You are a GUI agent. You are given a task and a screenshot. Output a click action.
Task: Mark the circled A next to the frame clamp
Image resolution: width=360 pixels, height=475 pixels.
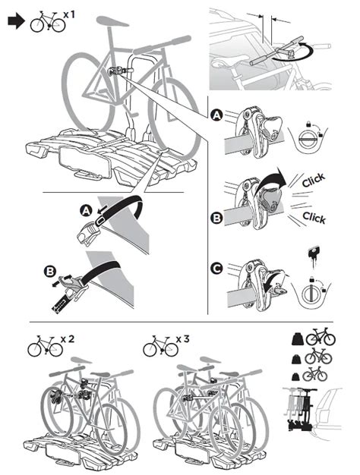click(217, 115)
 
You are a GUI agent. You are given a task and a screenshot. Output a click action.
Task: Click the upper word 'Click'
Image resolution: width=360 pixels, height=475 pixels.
click(312, 180)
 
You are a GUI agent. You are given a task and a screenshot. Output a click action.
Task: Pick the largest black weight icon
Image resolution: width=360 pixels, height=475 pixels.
click(298, 337)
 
